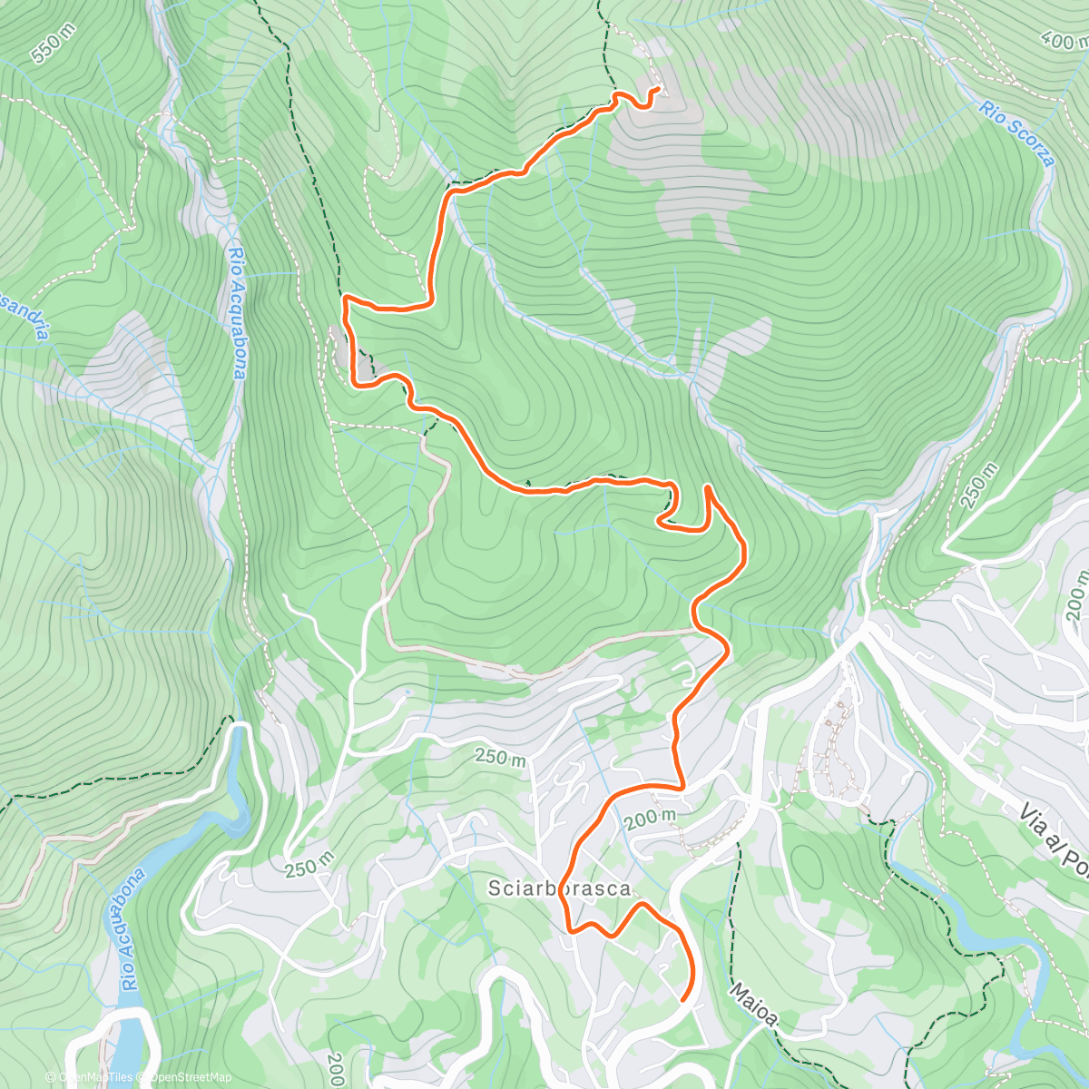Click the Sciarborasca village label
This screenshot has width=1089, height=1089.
[x=559, y=888]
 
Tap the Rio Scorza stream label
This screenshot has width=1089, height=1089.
[x=1017, y=133]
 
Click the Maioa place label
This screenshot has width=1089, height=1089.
[x=753, y=1004]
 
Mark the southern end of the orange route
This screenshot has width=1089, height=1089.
[x=682, y=1000]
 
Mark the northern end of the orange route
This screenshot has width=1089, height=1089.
[x=656, y=89]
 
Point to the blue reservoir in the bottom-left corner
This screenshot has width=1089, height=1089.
[x=127, y=1044]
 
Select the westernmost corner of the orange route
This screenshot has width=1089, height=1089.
[x=344, y=298]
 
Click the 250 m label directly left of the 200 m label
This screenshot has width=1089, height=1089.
[x=499, y=756]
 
